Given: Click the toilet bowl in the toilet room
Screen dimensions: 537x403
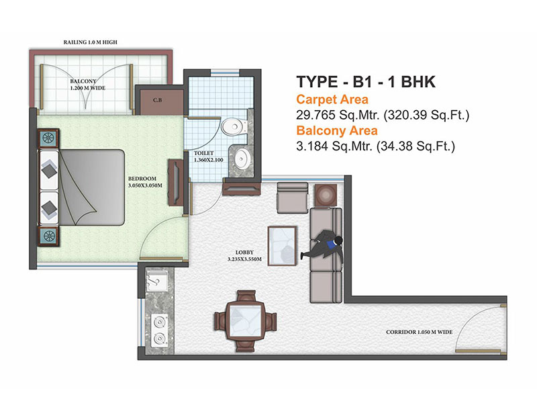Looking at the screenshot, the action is (x=234, y=127).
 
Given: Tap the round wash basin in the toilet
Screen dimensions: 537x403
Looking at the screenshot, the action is (x=242, y=159).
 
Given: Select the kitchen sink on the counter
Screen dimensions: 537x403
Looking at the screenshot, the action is (x=157, y=281).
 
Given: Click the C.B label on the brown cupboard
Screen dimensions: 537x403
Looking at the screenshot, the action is (x=158, y=100).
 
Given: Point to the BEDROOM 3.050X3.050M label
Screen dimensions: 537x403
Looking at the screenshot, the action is (x=145, y=182).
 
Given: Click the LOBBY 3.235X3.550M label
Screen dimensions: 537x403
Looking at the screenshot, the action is (x=244, y=256).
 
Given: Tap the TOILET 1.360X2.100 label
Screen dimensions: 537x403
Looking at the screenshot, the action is (x=208, y=156).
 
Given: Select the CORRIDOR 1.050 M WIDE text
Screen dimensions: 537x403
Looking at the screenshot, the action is (x=419, y=332).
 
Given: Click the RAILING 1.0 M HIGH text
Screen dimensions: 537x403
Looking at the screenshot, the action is (x=91, y=42).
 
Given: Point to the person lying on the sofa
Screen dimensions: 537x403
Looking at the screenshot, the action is (x=323, y=245).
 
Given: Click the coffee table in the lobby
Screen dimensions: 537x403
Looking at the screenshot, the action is (x=282, y=246).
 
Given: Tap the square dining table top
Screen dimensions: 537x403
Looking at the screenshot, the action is (x=245, y=321).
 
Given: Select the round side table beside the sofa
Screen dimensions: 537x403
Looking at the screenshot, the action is (x=326, y=195).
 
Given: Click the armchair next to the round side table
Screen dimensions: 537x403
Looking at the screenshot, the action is (x=293, y=197).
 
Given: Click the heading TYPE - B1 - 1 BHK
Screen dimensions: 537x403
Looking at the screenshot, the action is (x=366, y=82).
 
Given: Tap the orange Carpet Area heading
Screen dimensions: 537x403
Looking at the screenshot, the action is (x=332, y=99).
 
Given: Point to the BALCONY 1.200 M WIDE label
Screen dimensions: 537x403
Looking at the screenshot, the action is (x=88, y=85).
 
